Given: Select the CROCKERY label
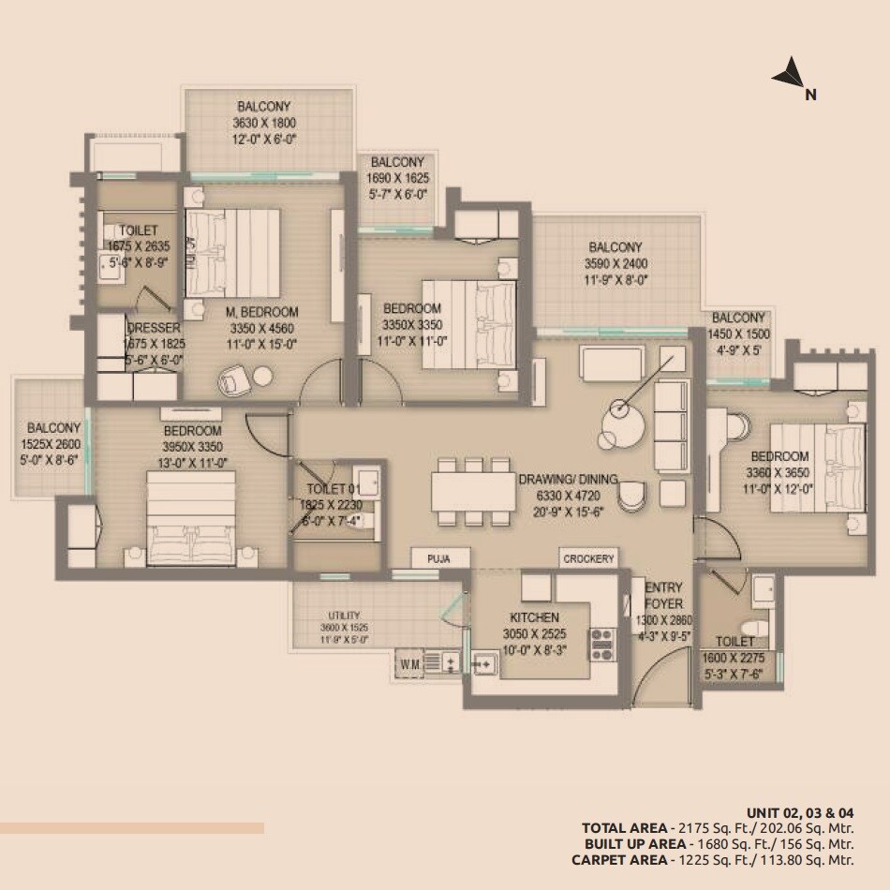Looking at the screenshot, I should point(589,558).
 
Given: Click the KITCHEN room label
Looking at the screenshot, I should point(534,617).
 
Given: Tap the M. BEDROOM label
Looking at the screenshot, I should point(262,312).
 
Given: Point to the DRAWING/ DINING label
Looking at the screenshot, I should point(569,479).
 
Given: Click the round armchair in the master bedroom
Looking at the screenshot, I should point(232,378).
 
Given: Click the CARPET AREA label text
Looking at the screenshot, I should point(618,859).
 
